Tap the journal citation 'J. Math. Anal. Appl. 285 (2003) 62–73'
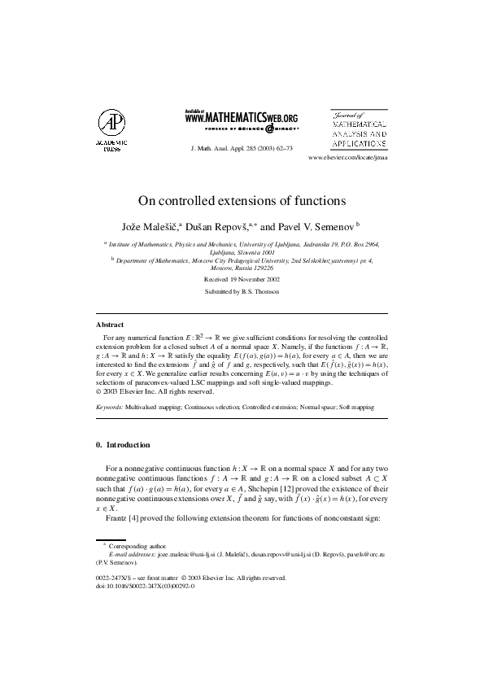(242, 150)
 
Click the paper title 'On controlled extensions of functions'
(242, 199)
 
